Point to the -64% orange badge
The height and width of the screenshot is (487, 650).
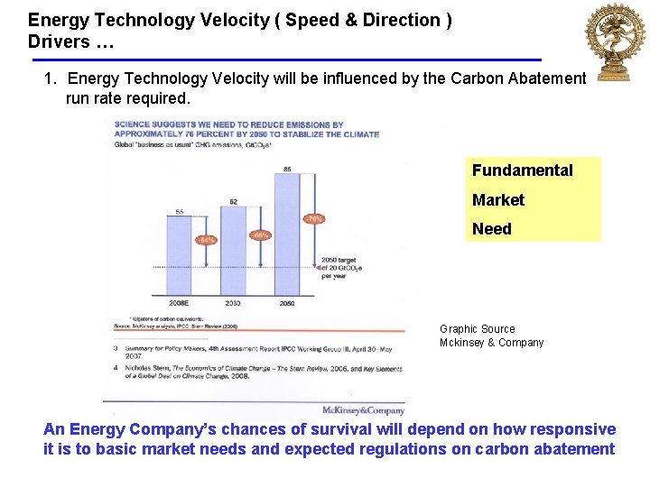tap(207, 240)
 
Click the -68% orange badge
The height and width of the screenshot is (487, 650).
tap(259, 234)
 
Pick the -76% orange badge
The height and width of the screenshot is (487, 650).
tap(312, 218)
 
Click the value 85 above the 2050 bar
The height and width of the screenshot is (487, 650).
tap(286, 169)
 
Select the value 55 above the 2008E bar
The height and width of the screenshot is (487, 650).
tap(179, 211)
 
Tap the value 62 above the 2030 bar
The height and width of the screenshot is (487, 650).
tap(233, 201)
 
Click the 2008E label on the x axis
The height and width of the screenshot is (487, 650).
tap(179, 304)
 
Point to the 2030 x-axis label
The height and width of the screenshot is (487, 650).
tap(233, 304)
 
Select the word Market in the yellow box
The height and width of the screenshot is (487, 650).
tap(497, 199)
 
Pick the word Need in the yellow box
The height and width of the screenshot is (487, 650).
tap(491, 229)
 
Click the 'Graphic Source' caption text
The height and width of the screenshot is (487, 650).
tap(477, 329)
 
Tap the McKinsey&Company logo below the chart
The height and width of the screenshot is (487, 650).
tap(363, 410)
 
